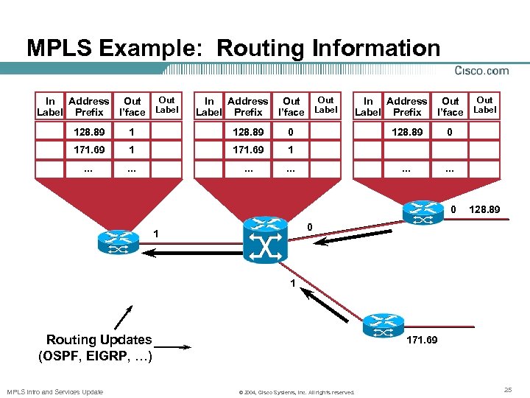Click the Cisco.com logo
[x=482, y=71]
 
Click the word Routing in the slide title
[x=255, y=49]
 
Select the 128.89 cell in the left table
[x=89, y=131]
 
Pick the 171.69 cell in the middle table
[x=247, y=150]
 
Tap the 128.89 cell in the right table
[x=406, y=131]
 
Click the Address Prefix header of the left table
[x=89, y=107]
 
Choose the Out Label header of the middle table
[x=325, y=105]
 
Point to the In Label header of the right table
[x=368, y=107]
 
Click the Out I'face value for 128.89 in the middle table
[x=291, y=131]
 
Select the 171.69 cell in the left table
[x=89, y=150]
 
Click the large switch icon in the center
[x=265, y=240]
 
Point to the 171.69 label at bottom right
[x=422, y=341]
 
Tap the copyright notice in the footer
[x=297, y=392]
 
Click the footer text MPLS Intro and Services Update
[x=54, y=391]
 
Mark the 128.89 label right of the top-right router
[x=485, y=210]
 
